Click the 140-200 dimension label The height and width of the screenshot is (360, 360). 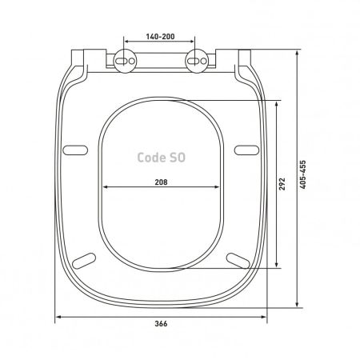pyautogui.click(x=160, y=37)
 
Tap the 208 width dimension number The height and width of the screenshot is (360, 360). pyautogui.click(x=162, y=182)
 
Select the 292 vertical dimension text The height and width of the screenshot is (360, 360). pyautogui.click(x=282, y=184)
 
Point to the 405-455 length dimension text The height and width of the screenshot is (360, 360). pyautogui.click(x=303, y=175)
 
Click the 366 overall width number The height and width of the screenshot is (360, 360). pyautogui.click(x=162, y=324)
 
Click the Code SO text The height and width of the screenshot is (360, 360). pyautogui.click(x=162, y=158)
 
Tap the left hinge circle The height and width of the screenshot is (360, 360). pyautogui.click(x=125, y=61)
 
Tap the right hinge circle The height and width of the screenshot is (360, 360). pyautogui.click(x=197, y=61)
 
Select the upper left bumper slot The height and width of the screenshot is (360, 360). pyautogui.click(x=75, y=150)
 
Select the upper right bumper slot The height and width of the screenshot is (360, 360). pyautogui.click(x=246, y=150)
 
